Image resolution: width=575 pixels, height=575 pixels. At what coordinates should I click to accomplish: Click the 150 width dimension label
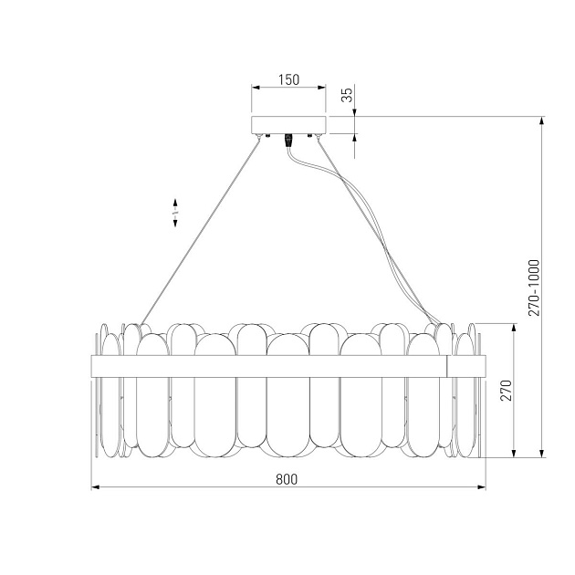coord(287,79)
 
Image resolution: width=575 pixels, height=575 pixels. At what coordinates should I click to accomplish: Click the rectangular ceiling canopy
coord(287,124)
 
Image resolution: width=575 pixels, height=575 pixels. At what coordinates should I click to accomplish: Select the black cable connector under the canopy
coord(289,140)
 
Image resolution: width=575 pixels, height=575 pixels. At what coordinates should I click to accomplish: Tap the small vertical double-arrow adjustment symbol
coord(174,212)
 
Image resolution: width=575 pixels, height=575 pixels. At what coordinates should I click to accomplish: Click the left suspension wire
coord(201,228)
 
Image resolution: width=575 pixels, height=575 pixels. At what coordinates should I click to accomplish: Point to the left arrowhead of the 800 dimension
coord(95,488)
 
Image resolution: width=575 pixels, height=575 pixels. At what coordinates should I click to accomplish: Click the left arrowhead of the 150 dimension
coord(254,89)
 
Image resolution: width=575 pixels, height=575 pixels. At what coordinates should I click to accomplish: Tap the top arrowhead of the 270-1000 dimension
coord(544,119)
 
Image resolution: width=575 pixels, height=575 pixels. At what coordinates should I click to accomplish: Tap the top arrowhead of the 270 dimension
coord(516,327)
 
